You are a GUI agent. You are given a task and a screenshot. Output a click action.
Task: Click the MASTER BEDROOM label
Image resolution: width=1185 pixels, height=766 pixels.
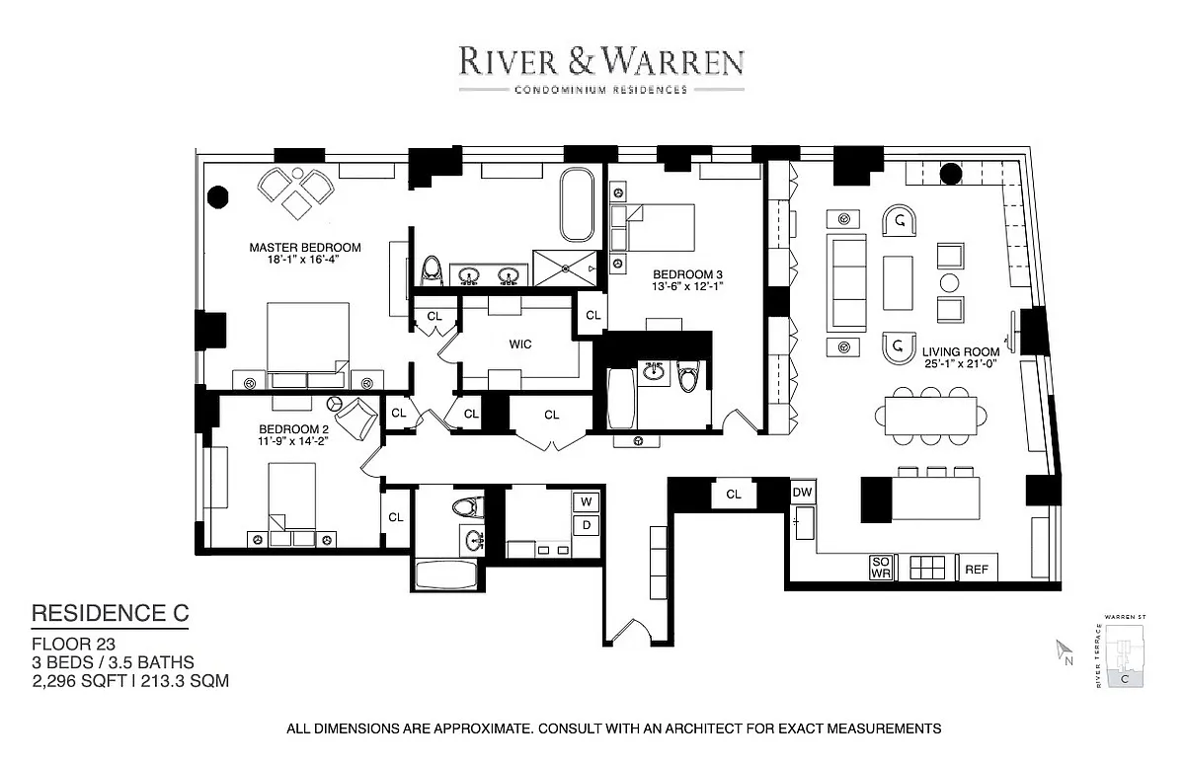(x=304, y=248)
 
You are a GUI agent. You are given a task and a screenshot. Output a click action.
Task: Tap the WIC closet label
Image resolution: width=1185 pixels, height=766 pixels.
(x=520, y=345)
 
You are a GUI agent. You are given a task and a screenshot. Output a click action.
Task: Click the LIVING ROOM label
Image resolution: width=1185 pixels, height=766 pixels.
(x=961, y=351)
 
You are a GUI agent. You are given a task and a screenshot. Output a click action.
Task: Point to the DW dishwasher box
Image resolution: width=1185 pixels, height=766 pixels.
(x=802, y=491)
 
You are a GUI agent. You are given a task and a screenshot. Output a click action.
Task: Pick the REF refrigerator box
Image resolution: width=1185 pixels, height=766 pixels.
(x=977, y=569)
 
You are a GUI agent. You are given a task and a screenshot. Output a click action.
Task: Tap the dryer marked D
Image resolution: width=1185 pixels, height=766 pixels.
(x=586, y=525)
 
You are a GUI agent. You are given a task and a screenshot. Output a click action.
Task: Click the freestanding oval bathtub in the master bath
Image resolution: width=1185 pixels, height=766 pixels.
(x=576, y=205)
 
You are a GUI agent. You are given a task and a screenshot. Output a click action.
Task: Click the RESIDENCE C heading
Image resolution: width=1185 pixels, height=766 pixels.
(x=110, y=613)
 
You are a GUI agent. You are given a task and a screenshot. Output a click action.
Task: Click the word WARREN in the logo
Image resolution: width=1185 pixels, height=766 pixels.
(x=681, y=62)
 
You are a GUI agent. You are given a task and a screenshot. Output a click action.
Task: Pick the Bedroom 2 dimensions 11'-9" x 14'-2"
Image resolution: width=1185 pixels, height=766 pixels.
(x=292, y=442)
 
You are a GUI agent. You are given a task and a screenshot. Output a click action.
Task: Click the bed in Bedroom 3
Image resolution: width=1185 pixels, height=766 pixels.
(x=654, y=227)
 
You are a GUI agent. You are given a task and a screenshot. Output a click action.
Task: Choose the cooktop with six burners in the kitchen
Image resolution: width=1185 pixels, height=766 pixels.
(x=926, y=567)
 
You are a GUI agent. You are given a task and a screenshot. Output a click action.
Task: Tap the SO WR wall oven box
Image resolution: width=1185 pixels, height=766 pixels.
(x=881, y=568)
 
